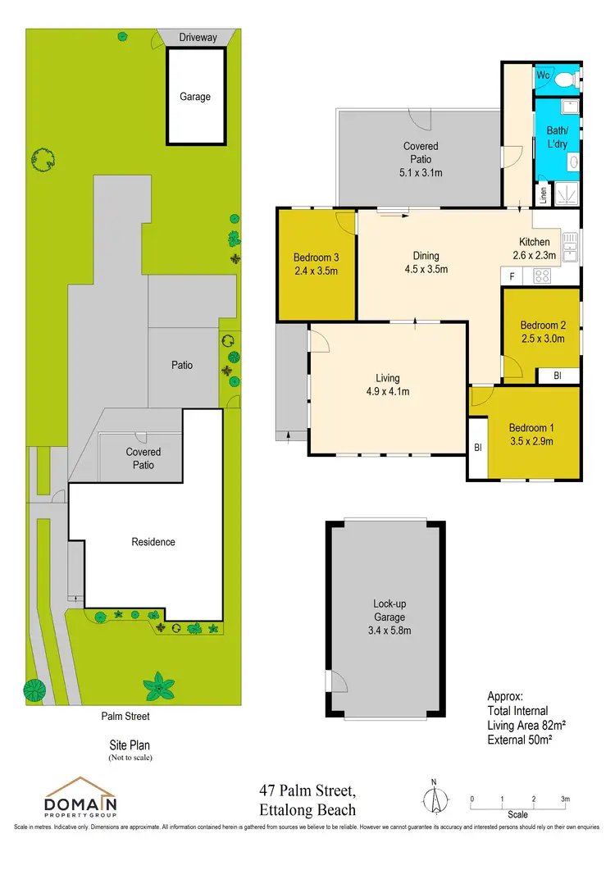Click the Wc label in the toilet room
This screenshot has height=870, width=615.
click(x=542, y=75)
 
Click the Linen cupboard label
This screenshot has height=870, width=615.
click(x=543, y=194)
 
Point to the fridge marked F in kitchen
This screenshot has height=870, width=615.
click(x=512, y=276)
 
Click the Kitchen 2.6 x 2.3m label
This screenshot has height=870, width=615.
click(x=537, y=248)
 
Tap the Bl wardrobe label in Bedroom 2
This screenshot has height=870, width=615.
click(x=557, y=376)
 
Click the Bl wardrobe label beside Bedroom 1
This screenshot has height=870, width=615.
click(x=477, y=448)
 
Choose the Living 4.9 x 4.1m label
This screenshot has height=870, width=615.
click(x=387, y=385)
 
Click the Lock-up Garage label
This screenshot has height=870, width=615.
click(x=385, y=617)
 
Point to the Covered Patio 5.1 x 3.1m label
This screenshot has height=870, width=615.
click(x=420, y=159)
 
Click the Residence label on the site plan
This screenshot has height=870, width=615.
click(x=153, y=542)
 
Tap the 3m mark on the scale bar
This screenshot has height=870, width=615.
click(x=564, y=799)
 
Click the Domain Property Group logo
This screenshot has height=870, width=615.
click(x=80, y=797)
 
